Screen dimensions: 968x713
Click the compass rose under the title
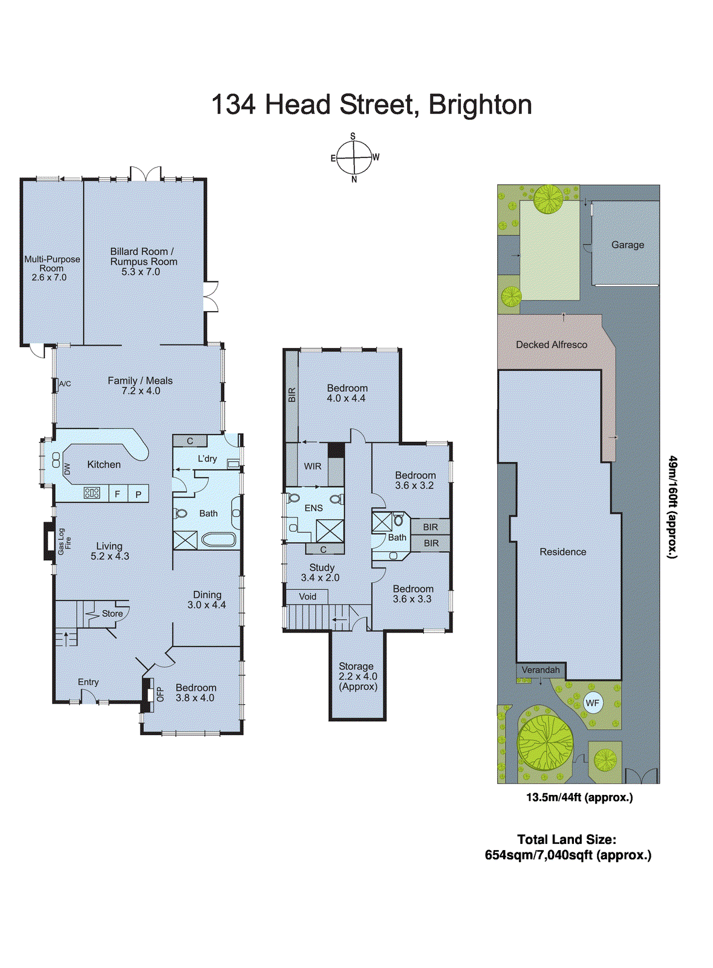(x=354, y=157)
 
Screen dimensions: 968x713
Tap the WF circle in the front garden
(x=593, y=703)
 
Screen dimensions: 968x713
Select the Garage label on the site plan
(x=627, y=245)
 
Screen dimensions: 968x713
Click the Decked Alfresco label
(x=551, y=345)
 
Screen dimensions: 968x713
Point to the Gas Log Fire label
(x=64, y=541)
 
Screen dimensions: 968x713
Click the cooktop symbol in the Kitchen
(x=92, y=493)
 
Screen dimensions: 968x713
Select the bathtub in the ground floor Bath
(x=218, y=538)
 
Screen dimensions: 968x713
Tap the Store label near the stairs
(x=112, y=613)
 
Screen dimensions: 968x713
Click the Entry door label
(x=88, y=682)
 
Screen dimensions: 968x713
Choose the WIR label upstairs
(x=313, y=466)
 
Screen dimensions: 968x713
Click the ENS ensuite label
(x=313, y=508)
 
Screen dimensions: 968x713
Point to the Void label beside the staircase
(x=307, y=597)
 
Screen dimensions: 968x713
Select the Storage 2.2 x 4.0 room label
(x=357, y=676)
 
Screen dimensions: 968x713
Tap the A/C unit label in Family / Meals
(x=65, y=384)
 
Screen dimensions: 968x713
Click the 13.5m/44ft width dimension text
(x=579, y=797)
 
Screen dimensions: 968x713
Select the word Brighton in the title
(x=480, y=105)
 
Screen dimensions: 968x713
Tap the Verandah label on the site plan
(x=541, y=670)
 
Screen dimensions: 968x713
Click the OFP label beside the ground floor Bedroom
(x=160, y=694)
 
